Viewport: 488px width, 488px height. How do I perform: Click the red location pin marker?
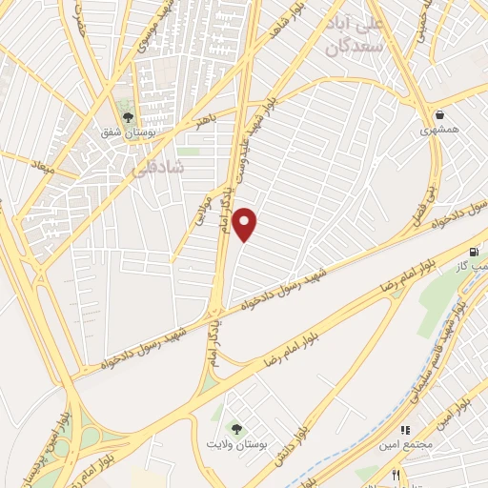246,224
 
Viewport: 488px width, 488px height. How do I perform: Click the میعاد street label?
44,168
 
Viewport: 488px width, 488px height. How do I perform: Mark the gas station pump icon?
474,251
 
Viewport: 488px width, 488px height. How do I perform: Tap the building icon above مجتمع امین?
404,430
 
